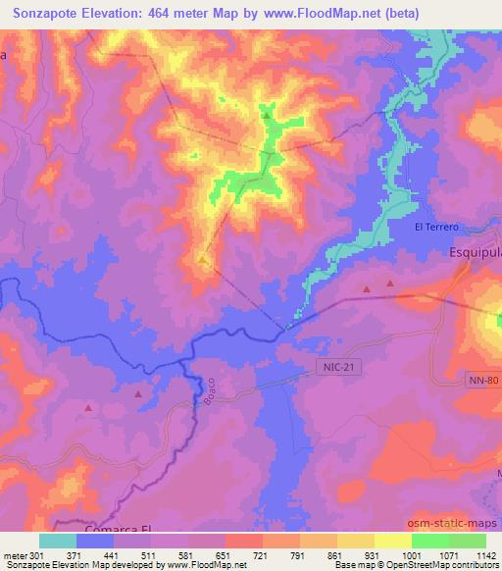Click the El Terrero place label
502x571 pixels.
[436, 228]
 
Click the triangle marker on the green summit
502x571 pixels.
[267, 116]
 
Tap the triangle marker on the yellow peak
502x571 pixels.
[202, 260]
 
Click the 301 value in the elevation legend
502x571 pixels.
[38, 556]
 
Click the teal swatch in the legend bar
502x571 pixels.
[58, 541]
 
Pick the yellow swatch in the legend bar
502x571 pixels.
[392, 541]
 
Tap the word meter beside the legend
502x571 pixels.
[13, 556]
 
